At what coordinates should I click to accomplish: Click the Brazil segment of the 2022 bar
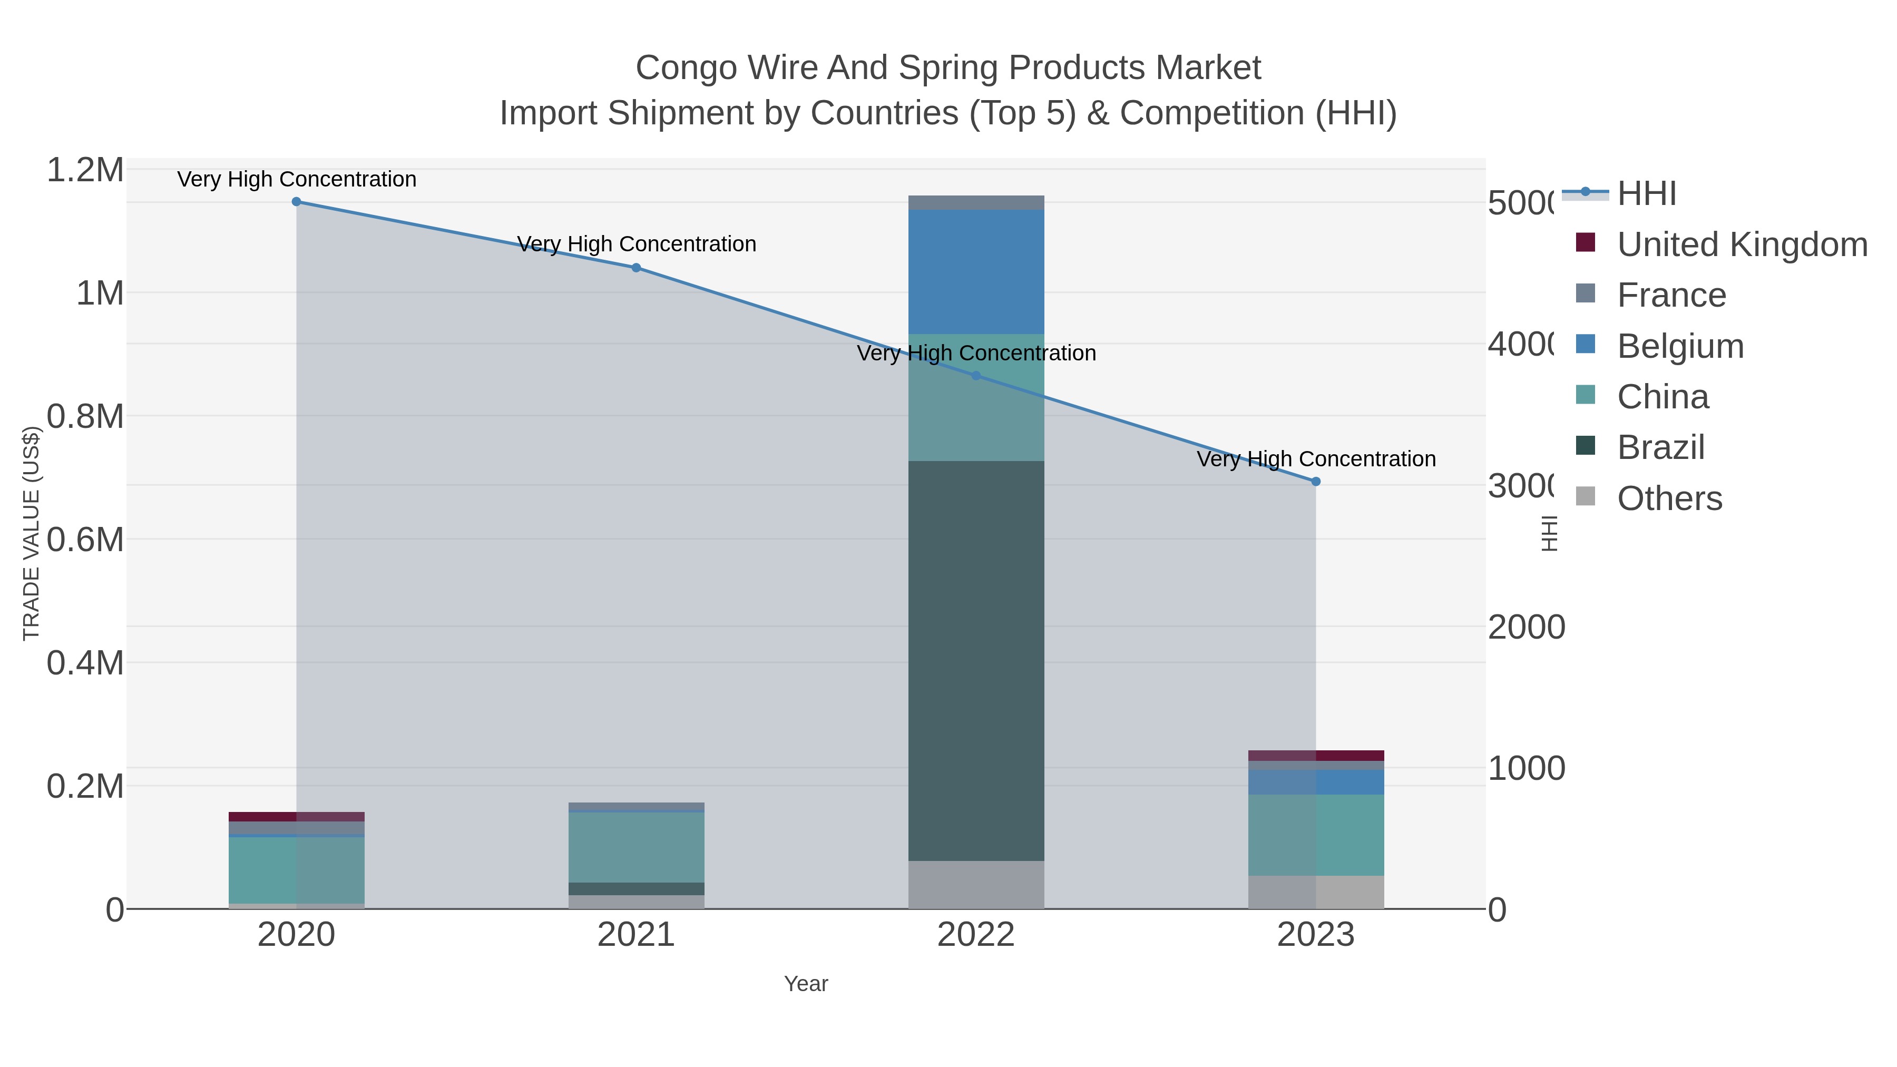[x=976, y=661]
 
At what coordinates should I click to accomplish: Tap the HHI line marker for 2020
[x=296, y=201]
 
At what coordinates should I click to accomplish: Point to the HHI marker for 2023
[x=1316, y=481]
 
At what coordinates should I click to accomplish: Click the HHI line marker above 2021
[x=636, y=267]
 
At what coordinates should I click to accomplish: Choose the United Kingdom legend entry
[x=1742, y=244]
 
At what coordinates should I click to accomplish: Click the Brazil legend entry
[x=1660, y=447]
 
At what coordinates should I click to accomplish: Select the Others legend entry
[x=1669, y=498]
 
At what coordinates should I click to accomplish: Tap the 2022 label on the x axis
[x=976, y=934]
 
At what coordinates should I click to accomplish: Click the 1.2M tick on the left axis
[x=85, y=170]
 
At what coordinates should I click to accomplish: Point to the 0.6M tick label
[x=85, y=540]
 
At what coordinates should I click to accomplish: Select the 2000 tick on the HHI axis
[x=1526, y=628]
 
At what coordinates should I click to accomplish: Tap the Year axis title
[x=806, y=984]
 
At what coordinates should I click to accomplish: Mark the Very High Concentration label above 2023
[x=1316, y=459]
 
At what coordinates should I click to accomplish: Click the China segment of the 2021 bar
[x=636, y=847]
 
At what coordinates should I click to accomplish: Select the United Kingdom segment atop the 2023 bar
[x=1316, y=756]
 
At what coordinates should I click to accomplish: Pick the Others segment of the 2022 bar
[x=976, y=884]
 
